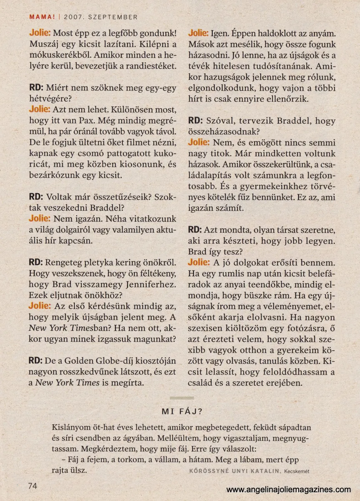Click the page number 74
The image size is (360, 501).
(x=33, y=486)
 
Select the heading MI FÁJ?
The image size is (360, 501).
(x=182, y=411)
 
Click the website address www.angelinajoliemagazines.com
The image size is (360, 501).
(x=289, y=489)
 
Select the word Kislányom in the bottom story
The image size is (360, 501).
(x=70, y=428)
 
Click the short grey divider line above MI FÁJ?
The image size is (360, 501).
(x=182, y=398)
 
